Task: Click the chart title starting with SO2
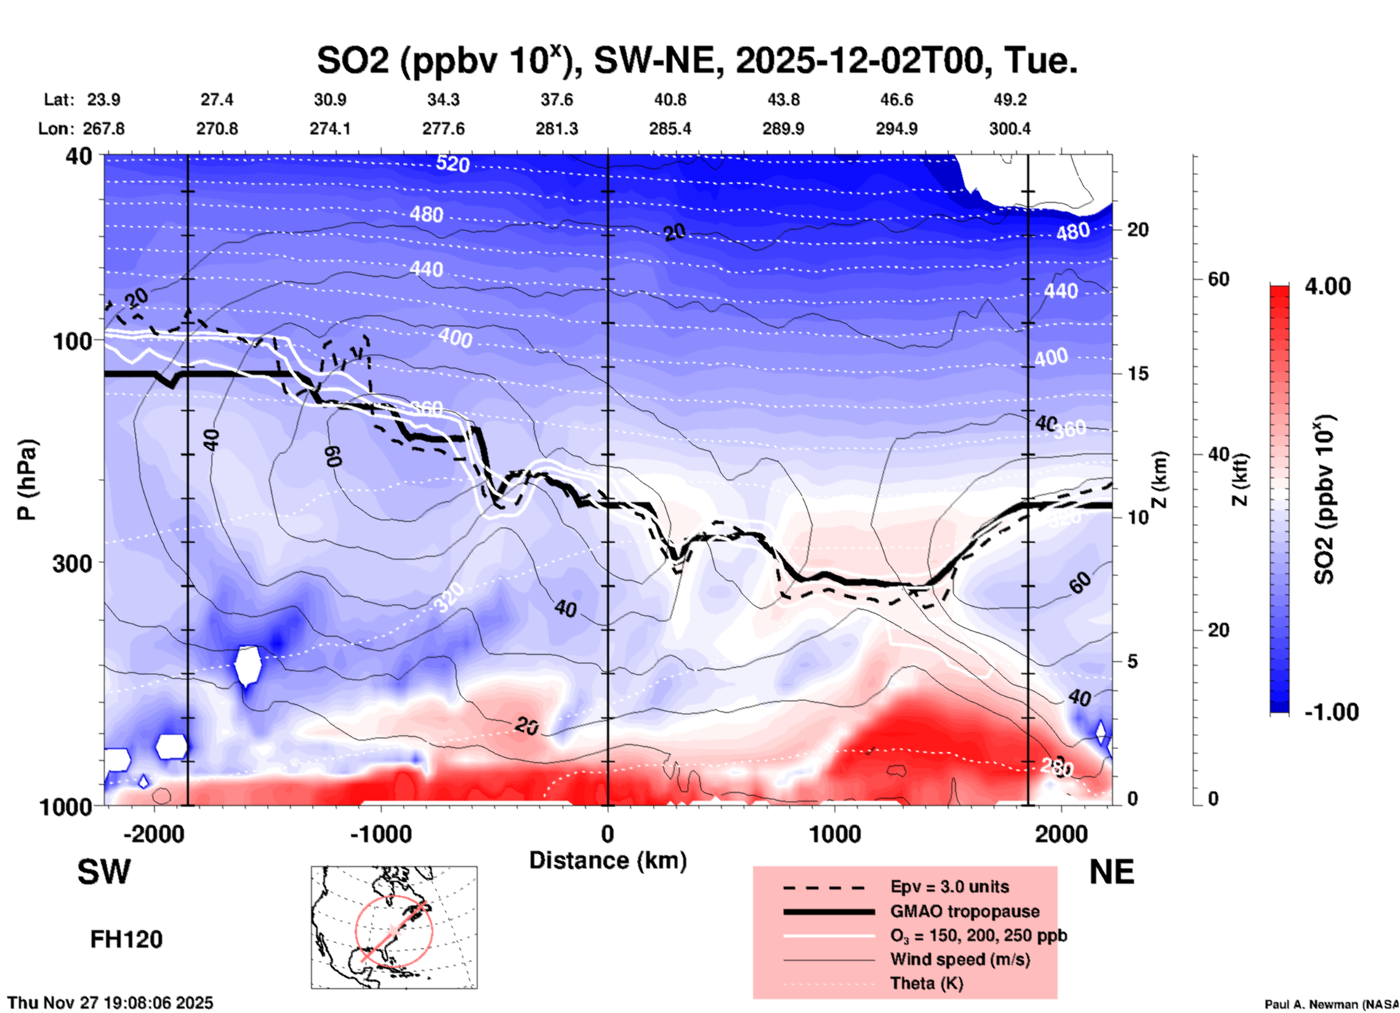[696, 61]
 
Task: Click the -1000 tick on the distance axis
[381, 834]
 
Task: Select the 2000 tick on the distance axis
[1061, 834]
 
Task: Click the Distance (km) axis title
[608, 860]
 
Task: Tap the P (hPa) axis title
[27, 480]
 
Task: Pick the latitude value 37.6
[557, 100]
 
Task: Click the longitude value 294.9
[896, 129]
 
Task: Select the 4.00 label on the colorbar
[1327, 286]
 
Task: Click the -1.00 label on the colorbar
[1331, 712]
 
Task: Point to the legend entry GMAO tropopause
[965, 911]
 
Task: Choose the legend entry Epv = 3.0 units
[949, 887]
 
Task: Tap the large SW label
[104, 872]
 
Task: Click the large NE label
[1111, 872]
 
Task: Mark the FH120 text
[126, 940]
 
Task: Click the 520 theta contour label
[452, 164]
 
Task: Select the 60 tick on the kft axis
[1218, 279]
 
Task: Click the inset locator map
[394, 927]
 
